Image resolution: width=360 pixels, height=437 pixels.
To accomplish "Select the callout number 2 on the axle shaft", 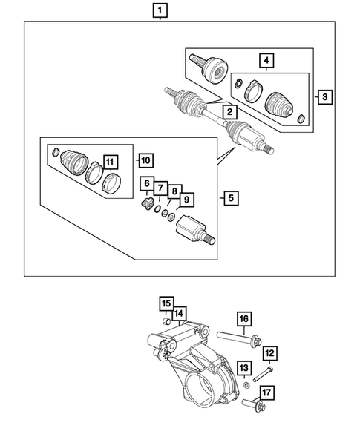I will [231, 112].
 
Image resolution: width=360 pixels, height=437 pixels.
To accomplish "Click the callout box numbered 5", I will [230, 198].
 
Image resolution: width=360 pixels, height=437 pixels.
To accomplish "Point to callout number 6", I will [147, 185].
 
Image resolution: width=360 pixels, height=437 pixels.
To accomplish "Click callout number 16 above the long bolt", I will [178, 314].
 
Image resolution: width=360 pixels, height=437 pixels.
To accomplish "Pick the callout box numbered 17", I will [166, 303].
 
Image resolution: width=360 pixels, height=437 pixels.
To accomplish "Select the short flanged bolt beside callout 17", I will [251, 404].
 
